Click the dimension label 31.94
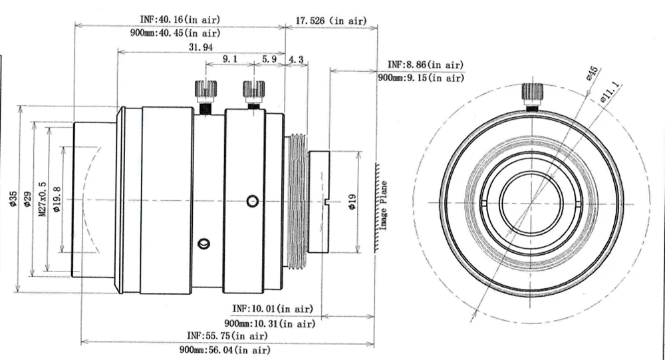click(201, 47)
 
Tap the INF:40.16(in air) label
click(180, 19)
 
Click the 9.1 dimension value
click(230, 59)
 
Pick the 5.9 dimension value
click(269, 59)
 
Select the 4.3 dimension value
click(297, 59)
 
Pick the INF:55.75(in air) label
click(227, 335)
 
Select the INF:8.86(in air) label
click(425, 65)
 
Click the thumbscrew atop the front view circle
click(531, 94)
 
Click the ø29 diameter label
click(27, 199)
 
